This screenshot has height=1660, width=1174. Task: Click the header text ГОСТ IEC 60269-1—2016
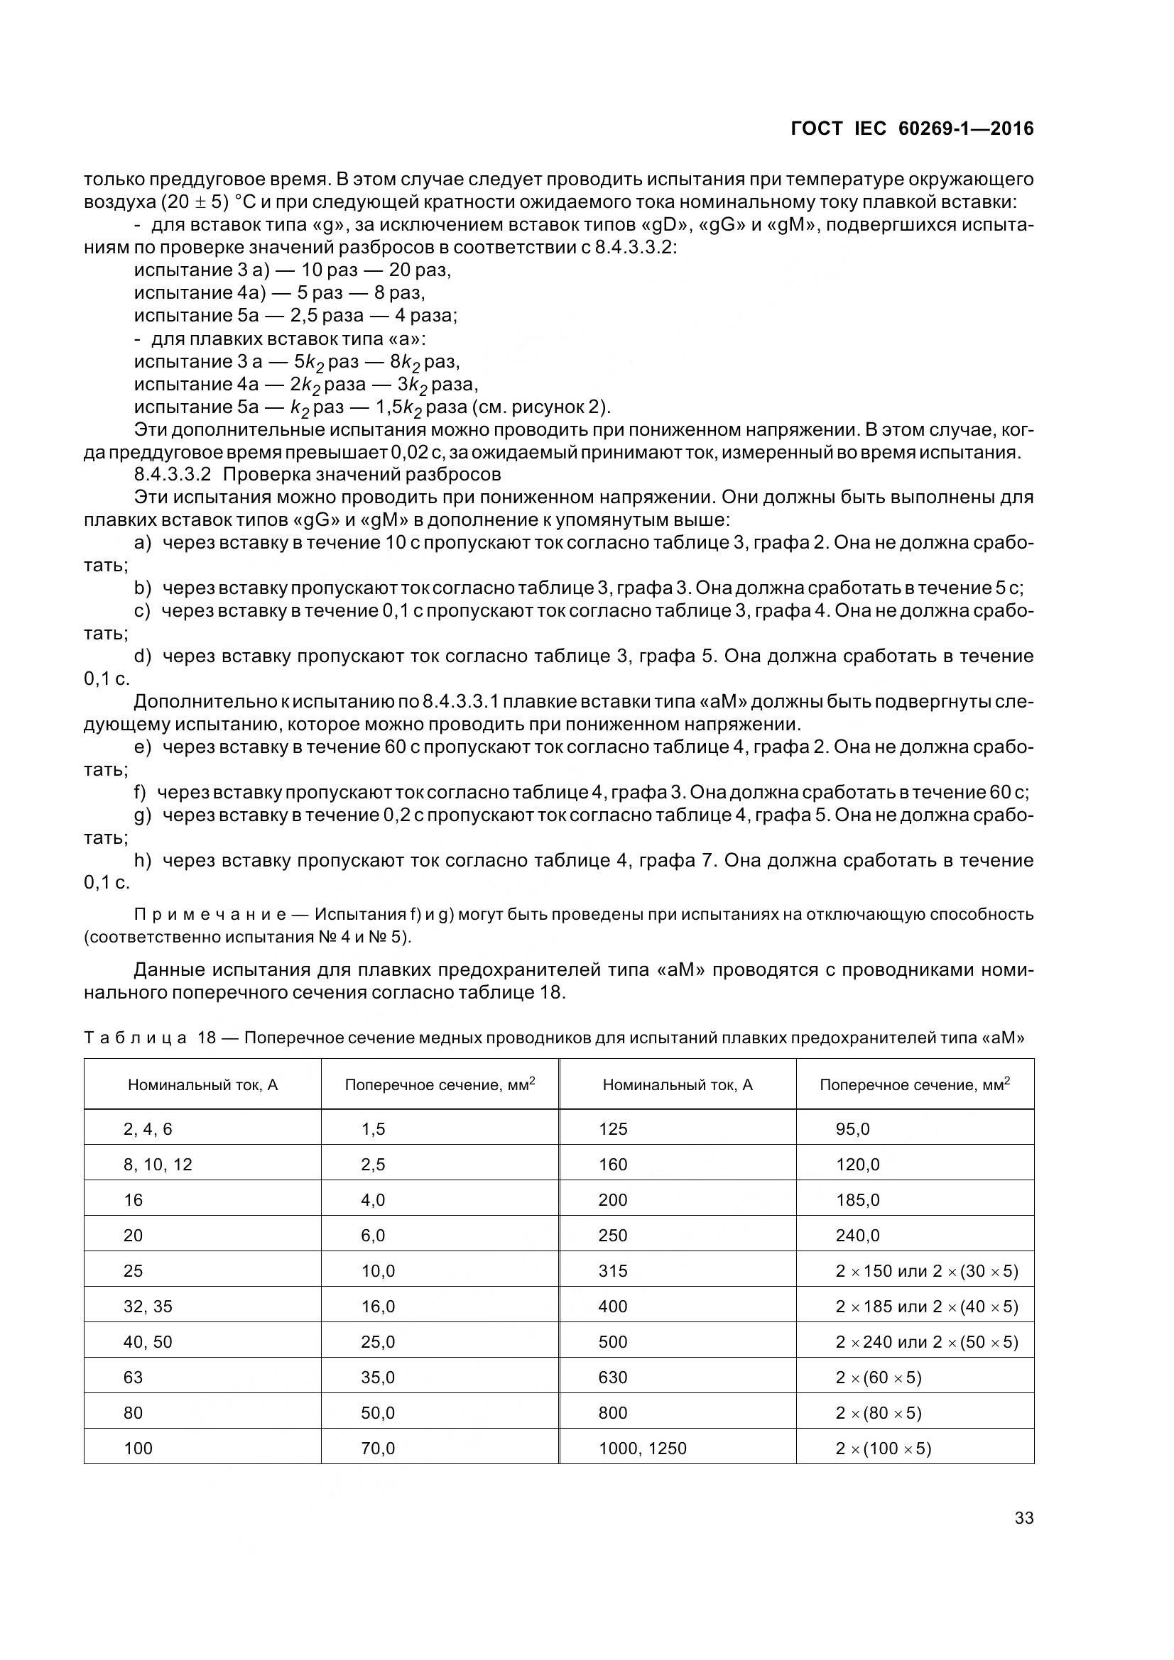point(912,128)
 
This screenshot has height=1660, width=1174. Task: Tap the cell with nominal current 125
point(613,1129)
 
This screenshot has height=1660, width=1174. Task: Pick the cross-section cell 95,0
point(853,1129)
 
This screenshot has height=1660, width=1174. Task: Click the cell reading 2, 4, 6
point(148,1129)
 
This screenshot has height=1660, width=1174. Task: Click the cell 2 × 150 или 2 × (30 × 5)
point(927,1271)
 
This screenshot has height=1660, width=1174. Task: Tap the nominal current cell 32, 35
point(148,1307)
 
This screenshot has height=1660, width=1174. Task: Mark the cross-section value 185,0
point(858,1200)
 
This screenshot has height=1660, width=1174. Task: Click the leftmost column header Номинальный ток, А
point(202,1084)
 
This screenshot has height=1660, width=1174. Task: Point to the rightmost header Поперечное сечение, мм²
point(914,1084)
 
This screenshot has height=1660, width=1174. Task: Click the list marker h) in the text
point(142,860)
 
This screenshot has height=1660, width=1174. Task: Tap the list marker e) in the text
point(142,747)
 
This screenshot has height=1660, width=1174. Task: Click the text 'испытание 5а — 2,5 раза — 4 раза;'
point(296,316)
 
